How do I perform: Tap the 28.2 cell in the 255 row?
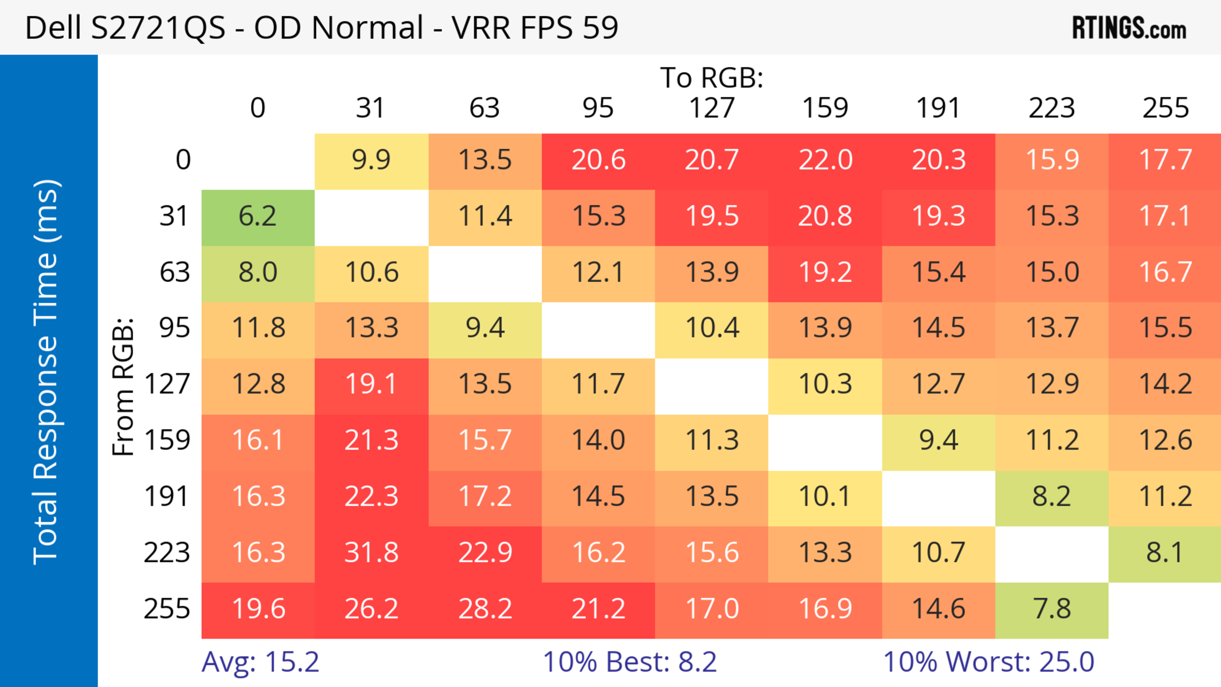(485, 609)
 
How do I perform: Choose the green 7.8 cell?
(1052, 609)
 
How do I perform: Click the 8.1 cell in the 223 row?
(1165, 553)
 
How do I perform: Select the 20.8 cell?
(825, 216)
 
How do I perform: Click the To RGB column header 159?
(825, 108)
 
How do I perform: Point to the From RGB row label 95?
(175, 328)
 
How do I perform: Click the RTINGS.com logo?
(1129, 27)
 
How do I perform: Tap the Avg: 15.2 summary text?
(260, 662)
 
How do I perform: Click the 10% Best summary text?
(630, 662)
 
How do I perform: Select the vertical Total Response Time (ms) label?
(46, 372)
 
